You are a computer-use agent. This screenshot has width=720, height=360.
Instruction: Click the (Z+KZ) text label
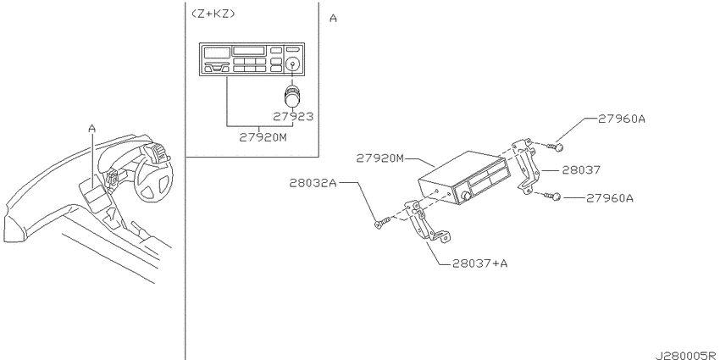coord(213,14)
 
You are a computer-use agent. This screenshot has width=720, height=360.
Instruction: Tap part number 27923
coord(293,117)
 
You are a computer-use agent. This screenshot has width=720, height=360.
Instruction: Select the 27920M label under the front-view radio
coord(263,137)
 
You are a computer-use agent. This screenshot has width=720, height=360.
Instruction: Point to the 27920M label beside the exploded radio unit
coord(379,158)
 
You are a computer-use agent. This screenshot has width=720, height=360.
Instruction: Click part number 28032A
coord(313,183)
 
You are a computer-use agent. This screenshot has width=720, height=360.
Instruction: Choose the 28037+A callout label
coord(479,263)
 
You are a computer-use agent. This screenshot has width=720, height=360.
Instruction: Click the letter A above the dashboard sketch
coord(91,129)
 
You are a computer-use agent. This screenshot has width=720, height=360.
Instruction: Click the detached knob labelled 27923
coord(291,96)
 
